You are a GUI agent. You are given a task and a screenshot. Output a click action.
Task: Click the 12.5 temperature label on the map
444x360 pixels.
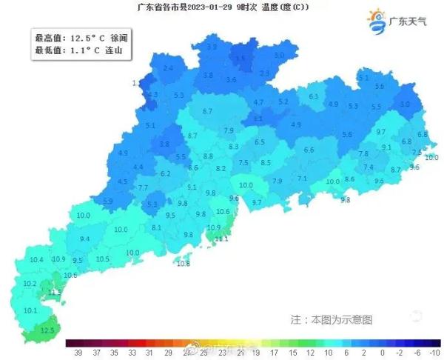(x=48, y=330)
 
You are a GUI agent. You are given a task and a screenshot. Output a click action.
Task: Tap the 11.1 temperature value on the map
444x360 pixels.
(x=221, y=239)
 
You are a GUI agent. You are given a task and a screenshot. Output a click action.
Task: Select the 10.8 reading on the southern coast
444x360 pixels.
(x=184, y=264)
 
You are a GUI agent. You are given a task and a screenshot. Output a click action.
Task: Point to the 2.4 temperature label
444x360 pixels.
(x=168, y=68)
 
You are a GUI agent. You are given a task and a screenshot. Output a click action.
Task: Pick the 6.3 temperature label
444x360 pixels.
(x=313, y=97)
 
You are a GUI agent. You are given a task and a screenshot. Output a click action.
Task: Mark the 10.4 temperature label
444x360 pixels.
(x=36, y=260)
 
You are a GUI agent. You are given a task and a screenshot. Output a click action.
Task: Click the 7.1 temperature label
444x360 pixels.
(x=302, y=179)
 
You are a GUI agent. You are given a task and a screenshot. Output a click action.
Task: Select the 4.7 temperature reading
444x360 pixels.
(x=258, y=102)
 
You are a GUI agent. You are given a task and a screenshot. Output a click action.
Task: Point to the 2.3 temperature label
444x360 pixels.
(x=264, y=73)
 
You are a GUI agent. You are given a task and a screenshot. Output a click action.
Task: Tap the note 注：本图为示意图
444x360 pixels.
(x=331, y=319)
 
